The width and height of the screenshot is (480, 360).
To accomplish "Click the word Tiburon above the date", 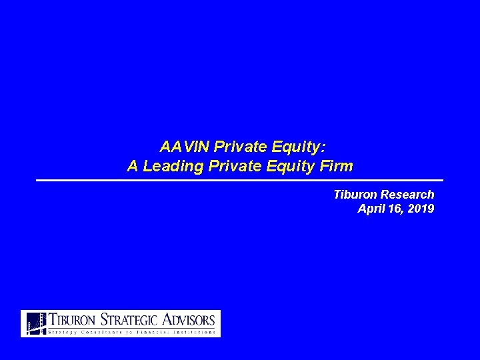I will coord(355,195).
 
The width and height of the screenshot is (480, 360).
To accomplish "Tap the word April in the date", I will coord(371,209).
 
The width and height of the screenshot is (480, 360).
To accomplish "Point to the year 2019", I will coord(421,209).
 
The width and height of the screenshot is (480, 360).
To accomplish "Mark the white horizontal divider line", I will coord(239,181).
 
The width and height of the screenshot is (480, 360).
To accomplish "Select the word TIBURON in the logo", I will coord(73,319).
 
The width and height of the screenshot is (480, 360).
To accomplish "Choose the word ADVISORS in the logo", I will coord(189,319).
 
